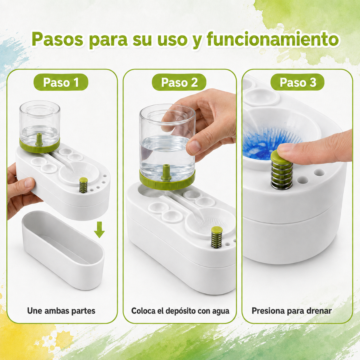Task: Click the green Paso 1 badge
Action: (61, 82)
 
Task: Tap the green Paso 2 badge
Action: (179, 82)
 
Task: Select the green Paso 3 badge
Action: (298, 82)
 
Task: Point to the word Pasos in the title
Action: (57, 39)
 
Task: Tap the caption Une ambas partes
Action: (61, 311)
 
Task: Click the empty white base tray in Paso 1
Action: (63, 250)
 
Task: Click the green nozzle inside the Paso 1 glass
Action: (39, 139)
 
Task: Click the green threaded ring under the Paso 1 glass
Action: (40, 146)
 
